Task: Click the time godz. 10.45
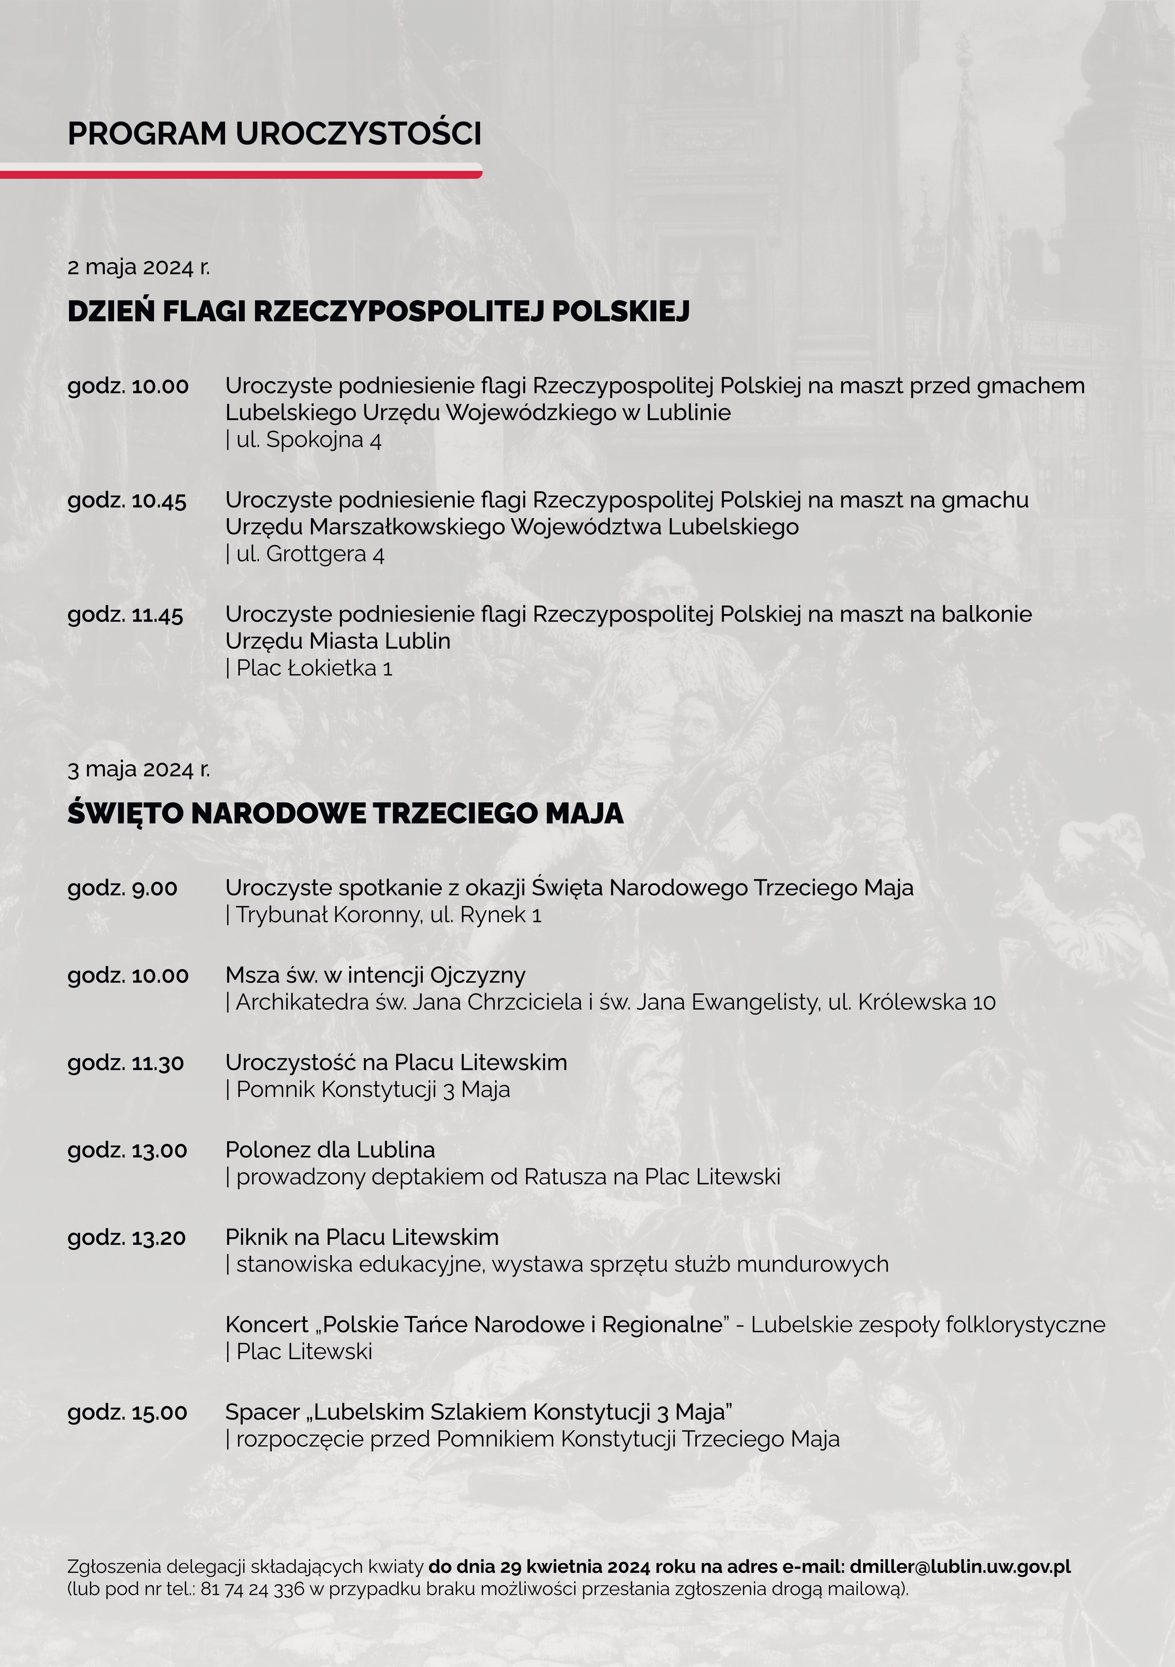point(127,501)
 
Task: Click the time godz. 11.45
point(126,615)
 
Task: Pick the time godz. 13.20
point(127,1238)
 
